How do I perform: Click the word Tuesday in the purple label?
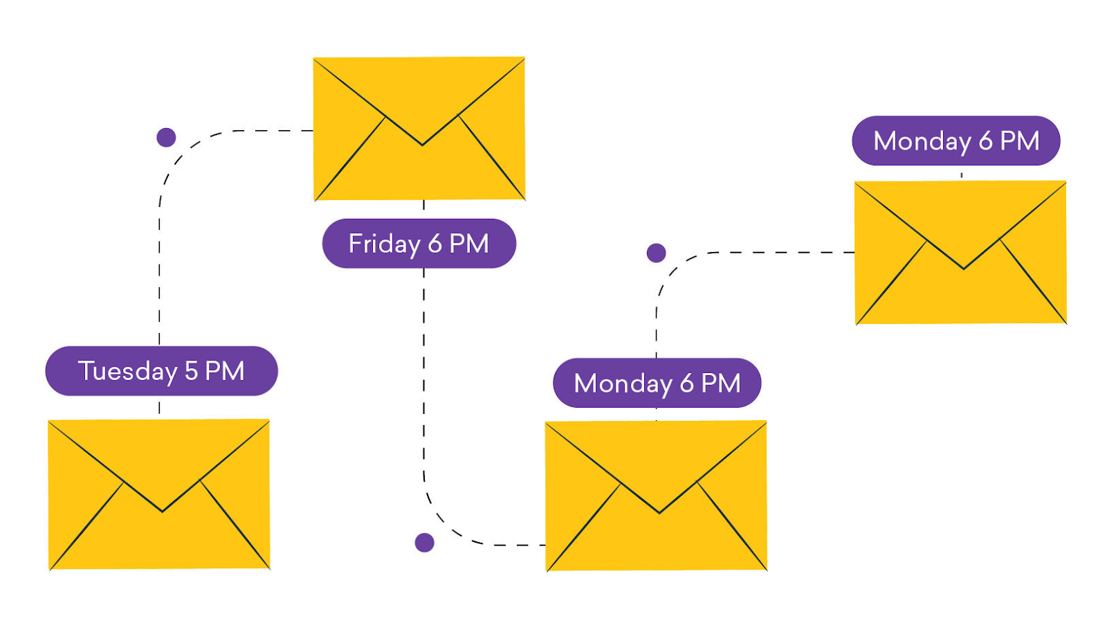127,372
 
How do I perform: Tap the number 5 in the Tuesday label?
191,371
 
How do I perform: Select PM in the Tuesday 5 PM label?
224,371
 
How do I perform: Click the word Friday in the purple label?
385,244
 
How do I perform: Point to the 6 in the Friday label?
435,244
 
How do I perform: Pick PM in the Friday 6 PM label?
469,244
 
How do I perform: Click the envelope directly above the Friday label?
419,129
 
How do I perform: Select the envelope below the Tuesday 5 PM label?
159,494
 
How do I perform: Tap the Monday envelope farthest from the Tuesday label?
961,253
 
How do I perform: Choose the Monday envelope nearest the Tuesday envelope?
657,496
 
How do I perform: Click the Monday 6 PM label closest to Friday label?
657,383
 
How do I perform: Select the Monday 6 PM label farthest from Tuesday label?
956,141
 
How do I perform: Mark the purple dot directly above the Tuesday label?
166,138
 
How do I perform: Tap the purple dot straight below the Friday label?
425,543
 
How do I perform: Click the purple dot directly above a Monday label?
657,253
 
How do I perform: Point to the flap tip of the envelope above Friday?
422,145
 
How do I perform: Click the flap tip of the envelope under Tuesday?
162,512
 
